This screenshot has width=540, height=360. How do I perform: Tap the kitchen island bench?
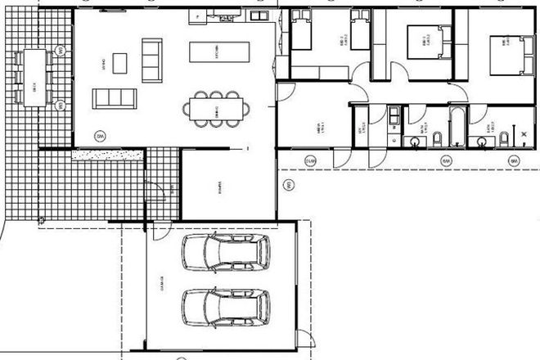click(x=217, y=52)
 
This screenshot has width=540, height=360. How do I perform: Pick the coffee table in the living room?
click(x=120, y=63)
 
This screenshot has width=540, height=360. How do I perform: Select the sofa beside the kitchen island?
click(x=152, y=60)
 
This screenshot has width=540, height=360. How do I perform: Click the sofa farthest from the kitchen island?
click(x=111, y=100)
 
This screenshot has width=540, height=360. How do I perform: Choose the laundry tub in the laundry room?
click(x=394, y=114)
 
